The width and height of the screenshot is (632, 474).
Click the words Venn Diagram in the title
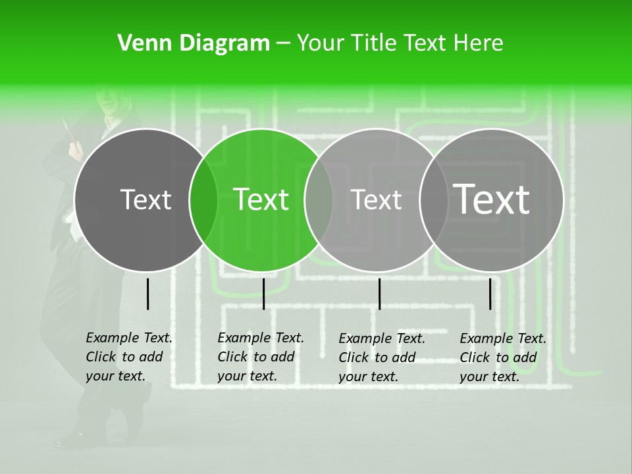194,43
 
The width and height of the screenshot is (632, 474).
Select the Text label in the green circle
261,199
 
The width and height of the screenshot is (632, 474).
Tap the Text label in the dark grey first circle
145,199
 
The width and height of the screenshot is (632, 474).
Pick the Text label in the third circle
376,199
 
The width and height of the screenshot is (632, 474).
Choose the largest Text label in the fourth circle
491,199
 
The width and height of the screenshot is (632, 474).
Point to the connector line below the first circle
147,294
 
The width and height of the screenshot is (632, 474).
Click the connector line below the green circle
263,294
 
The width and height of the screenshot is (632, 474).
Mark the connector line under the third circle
379,294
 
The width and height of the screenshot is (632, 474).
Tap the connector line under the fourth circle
490,294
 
